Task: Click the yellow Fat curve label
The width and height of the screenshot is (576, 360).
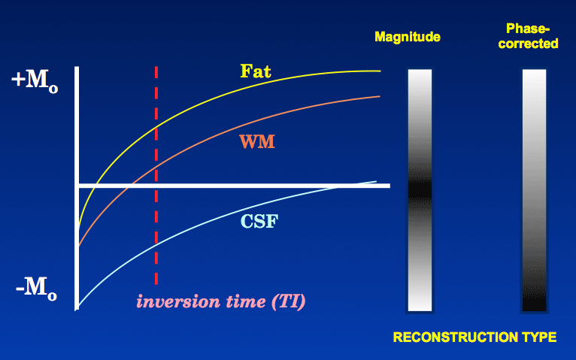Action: tap(256, 71)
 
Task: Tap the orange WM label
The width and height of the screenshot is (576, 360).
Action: tap(257, 141)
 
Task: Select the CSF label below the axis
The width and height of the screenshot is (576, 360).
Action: tap(259, 221)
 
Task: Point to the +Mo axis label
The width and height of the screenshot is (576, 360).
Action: tap(35, 81)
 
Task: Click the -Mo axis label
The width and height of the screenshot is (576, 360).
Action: tap(36, 289)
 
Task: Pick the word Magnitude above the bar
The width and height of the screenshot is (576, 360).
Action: tap(408, 37)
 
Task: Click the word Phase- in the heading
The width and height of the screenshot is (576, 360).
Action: tap(528, 29)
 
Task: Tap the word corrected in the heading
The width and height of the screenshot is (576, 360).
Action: tap(528, 44)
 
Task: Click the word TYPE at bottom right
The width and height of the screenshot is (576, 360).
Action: tap(539, 337)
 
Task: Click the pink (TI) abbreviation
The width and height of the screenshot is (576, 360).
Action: tap(288, 302)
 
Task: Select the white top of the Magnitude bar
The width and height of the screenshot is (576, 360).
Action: tap(420, 80)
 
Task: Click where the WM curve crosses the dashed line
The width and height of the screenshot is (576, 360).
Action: tap(156, 168)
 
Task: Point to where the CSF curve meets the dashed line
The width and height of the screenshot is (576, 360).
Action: tap(156, 244)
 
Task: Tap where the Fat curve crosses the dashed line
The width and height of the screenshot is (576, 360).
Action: tap(156, 127)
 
